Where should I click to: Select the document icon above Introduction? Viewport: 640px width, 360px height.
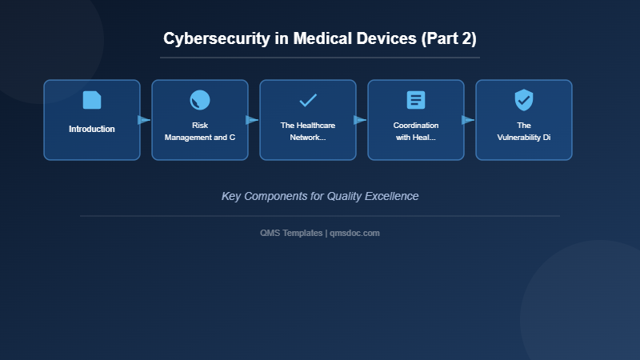click(92, 100)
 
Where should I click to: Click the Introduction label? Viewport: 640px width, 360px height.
click(92, 129)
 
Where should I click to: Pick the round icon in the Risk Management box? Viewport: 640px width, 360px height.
click(200, 100)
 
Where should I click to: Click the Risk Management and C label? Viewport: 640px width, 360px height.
click(200, 131)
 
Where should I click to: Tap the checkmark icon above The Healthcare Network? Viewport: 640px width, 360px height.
click(308, 100)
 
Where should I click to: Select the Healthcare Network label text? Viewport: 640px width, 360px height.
click(308, 131)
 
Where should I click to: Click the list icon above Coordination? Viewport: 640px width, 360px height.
click(416, 100)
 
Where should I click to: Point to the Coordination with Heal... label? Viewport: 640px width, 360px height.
click(416, 131)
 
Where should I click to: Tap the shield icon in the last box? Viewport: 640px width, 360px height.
click(524, 100)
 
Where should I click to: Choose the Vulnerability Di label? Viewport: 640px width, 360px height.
click(524, 131)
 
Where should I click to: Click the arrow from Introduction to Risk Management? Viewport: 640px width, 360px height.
click(145, 120)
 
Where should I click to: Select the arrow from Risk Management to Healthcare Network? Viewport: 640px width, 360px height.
click(253, 120)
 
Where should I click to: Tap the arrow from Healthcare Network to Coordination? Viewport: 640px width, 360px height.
click(361, 120)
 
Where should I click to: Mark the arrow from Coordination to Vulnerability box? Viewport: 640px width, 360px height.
click(469, 120)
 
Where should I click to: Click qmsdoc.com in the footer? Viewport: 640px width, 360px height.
click(354, 233)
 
